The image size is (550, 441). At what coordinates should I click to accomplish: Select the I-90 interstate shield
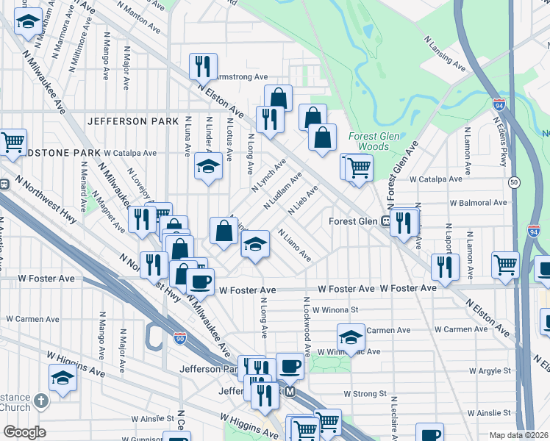pos(180,337)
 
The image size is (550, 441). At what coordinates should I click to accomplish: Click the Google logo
pos(24,432)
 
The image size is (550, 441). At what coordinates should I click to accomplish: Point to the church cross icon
pos(41,401)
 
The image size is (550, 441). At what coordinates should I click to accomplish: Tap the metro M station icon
pos(290,392)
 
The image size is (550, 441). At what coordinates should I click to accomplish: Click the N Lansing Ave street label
pos(445,54)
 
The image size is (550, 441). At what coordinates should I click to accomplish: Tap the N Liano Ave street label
pos(294,245)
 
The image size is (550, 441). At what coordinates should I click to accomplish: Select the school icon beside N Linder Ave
pos(208,166)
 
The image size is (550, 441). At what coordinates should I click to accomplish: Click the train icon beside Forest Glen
pos(385,220)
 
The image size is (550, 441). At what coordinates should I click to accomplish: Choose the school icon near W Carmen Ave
pos(351,337)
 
